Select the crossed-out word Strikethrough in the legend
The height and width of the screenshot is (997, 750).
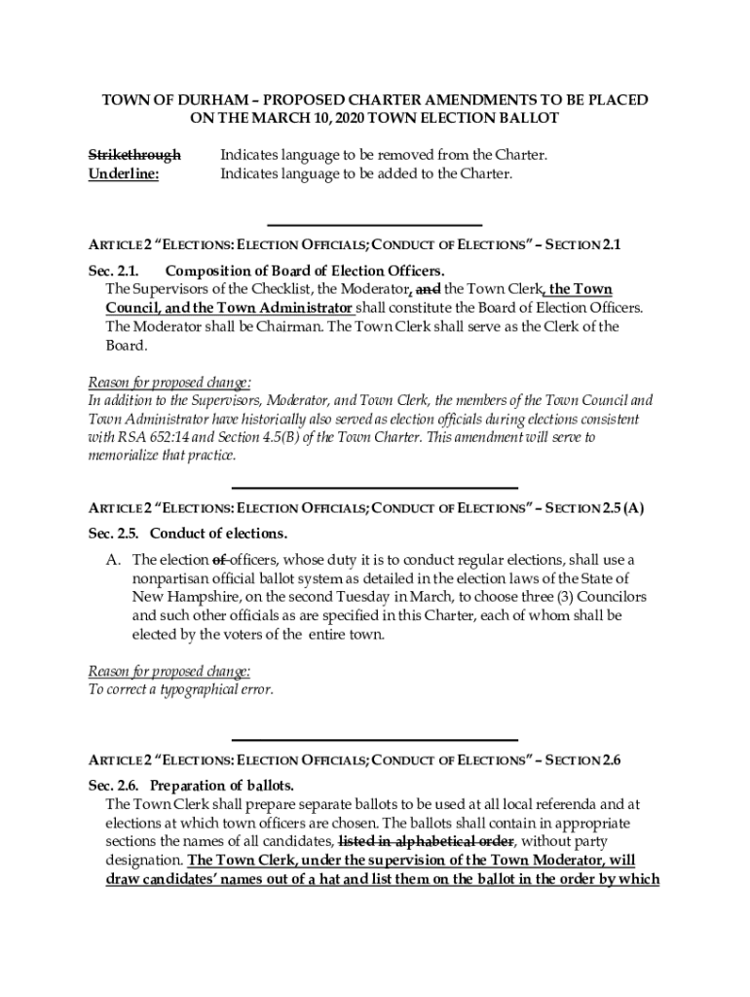pos(134,156)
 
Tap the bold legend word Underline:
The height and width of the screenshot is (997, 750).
pos(124,174)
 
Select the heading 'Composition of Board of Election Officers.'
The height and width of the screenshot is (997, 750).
pos(305,271)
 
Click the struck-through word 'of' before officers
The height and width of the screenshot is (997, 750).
pos(220,560)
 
